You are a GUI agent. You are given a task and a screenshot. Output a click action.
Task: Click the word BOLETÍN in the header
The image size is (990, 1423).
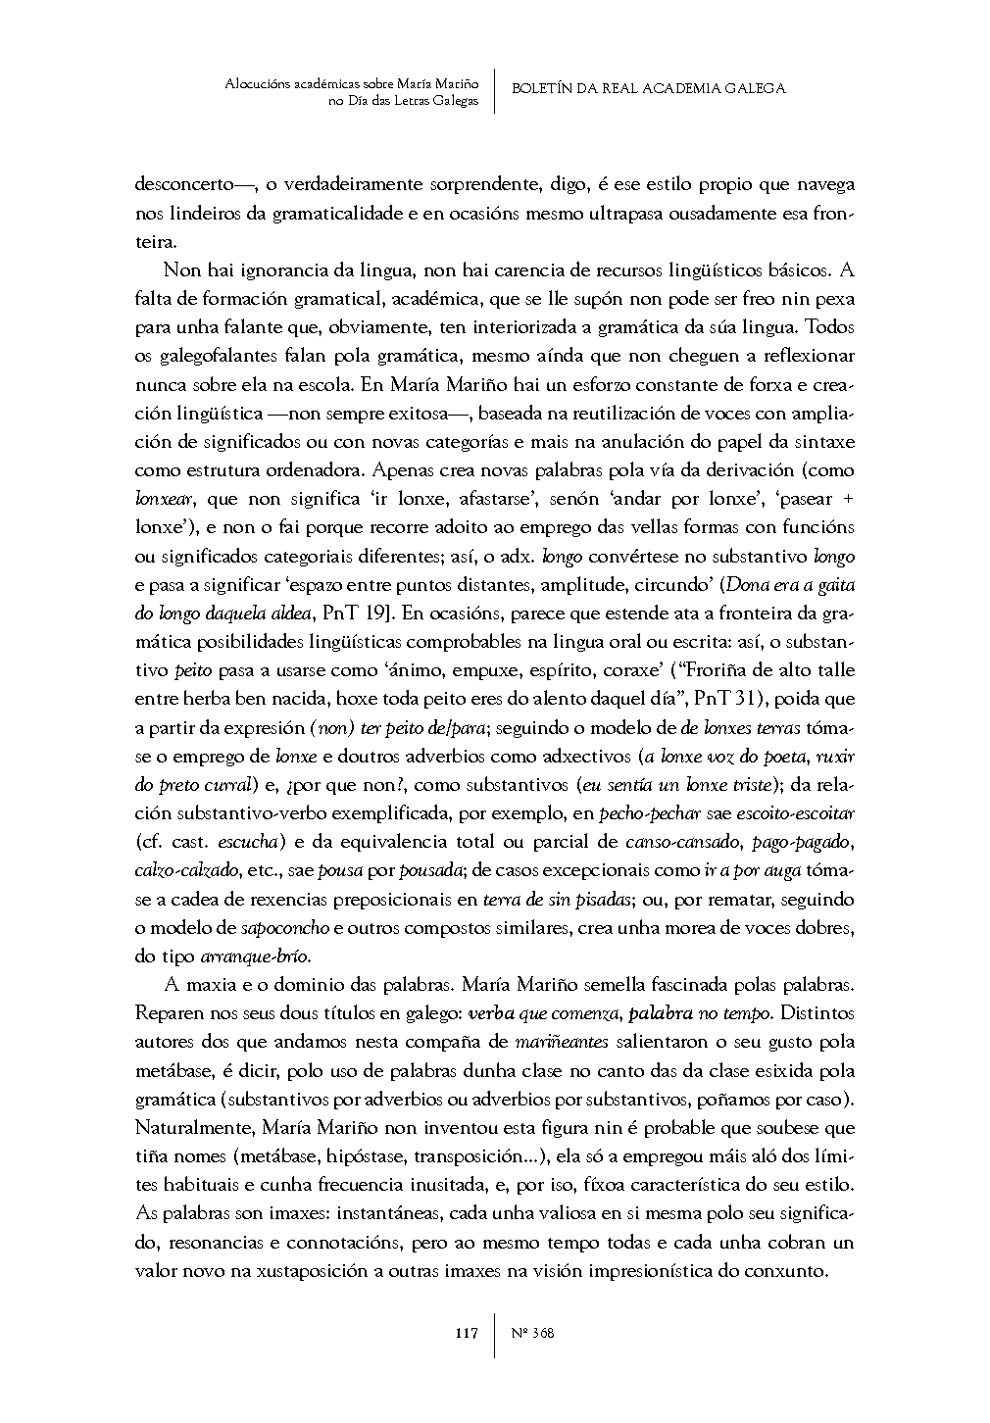545,88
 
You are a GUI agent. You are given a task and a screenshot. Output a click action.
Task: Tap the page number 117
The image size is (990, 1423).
466,1334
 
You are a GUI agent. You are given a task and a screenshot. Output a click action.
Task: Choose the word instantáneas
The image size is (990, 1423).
389,1213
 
